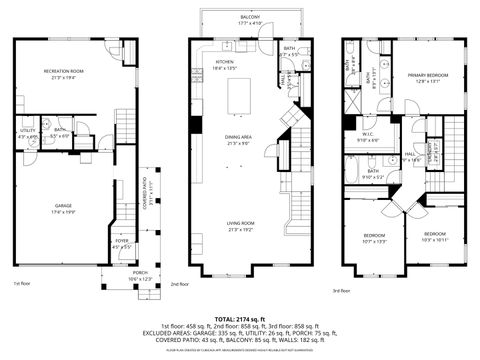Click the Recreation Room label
(x=61, y=74)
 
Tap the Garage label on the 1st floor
(x=62, y=208)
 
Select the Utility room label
(x=27, y=133)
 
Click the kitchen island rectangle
(x=240, y=97)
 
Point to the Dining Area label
(x=239, y=140)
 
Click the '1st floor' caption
(x=22, y=284)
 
